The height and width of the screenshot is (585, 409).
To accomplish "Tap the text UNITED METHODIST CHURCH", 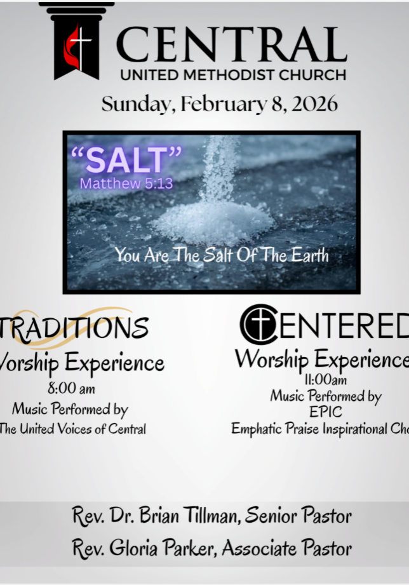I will pos(233,74).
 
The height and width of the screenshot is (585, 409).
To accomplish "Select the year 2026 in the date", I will pos(314,104).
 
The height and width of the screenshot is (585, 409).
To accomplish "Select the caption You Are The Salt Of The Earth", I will pos(222,256).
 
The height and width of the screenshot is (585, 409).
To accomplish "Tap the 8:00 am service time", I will pos(71,388).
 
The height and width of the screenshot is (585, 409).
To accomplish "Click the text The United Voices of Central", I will pos(73,429).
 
